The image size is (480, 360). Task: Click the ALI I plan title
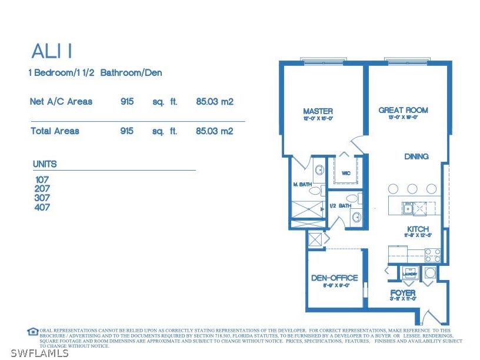point(52,51)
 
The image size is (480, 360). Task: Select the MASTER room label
point(318,111)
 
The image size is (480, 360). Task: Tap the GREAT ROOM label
point(403,110)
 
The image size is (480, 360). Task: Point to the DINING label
point(416,156)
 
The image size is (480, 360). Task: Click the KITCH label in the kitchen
point(418,229)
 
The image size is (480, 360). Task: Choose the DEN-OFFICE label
point(334,278)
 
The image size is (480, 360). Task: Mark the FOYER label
point(403,292)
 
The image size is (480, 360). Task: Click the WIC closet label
point(346,174)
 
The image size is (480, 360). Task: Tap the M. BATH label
point(302,184)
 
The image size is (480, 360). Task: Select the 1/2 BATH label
point(340,205)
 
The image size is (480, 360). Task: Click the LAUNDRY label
point(410,274)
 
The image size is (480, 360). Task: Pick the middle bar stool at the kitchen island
point(412,189)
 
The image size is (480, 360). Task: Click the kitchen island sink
point(407,208)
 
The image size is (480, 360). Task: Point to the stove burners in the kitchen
point(432,255)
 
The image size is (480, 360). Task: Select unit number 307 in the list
point(42,198)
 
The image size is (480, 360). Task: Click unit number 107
point(42,179)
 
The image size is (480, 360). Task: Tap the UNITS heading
point(45,164)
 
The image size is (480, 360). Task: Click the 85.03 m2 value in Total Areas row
point(214,131)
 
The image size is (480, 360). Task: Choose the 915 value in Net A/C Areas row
point(126,101)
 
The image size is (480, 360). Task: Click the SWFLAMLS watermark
point(35,353)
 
